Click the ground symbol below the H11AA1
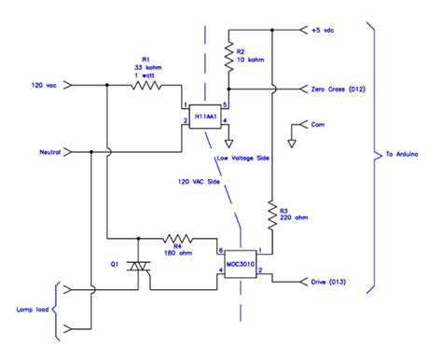pos(230,142)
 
